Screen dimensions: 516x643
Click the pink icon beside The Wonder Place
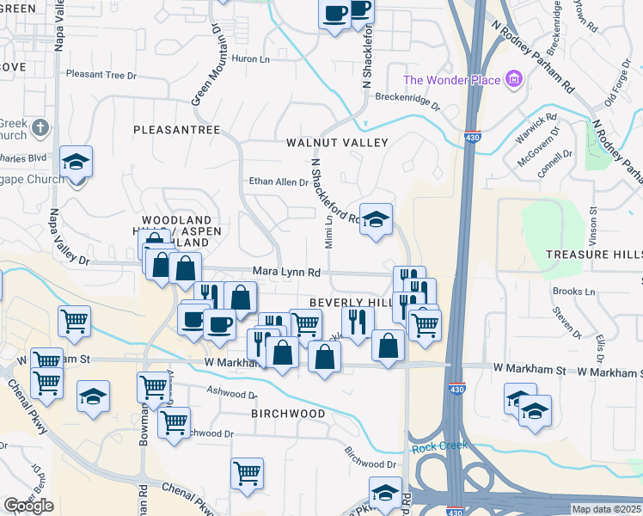(515, 80)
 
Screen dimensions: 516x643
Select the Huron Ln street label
(251, 59)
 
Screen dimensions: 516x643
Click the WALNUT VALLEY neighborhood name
(337, 143)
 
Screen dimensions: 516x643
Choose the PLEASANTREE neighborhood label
(176, 130)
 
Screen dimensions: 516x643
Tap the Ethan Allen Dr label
(278, 181)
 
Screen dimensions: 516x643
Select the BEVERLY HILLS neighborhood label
(352, 303)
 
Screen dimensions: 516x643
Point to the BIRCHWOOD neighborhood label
(288, 414)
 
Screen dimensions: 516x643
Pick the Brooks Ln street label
(574, 292)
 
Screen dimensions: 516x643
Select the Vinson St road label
(592, 223)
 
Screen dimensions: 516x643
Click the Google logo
(28, 507)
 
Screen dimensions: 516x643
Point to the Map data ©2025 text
(606, 509)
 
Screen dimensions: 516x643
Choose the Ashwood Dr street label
(230, 394)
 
